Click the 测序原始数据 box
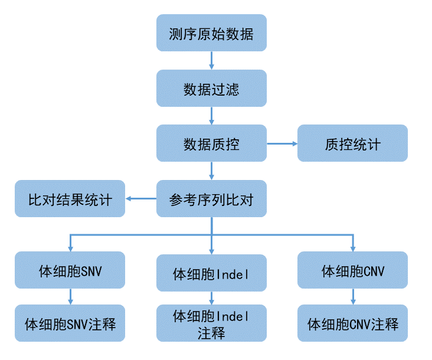pos(211,34)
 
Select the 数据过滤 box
pos(211,89)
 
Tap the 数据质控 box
pos(211,143)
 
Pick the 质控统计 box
pos(352,143)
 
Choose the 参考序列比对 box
pos(211,199)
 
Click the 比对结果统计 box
pos(70,199)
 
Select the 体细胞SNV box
pos(70,270)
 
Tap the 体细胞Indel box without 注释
pos(211,273)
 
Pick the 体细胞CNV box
pos(352,270)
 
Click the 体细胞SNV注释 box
pos(70,323)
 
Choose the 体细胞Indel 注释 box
pos(211,324)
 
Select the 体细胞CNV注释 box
pos(352,323)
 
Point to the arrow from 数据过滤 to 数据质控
pos(211,116)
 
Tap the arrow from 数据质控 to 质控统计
pos(282,143)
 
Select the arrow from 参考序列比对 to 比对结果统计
pos(140,199)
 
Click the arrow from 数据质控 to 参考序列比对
pos(211,171)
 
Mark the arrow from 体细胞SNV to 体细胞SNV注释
pos(70,296)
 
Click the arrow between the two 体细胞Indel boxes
pos(211,299)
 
